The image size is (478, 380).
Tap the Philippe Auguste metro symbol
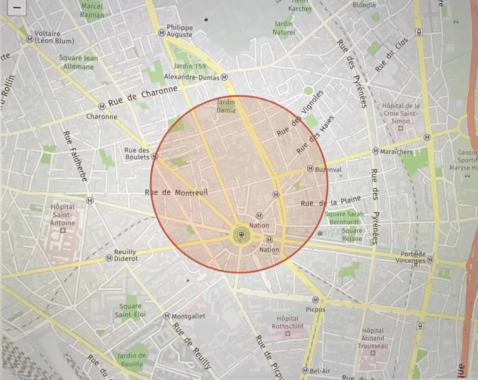pyautogui.click(x=162, y=32)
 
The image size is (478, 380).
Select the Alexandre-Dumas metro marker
pyautogui.click(x=225, y=77)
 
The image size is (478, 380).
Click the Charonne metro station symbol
pyautogui.click(x=102, y=106)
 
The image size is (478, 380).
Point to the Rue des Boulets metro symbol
pyautogui.click(x=155, y=156)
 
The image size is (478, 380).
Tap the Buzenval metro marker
pyautogui.click(x=310, y=168)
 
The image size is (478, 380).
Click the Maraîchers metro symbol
pyautogui.click(x=375, y=151)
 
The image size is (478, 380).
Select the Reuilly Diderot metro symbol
pyautogui.click(x=109, y=258)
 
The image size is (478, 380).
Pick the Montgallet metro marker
pyautogui.click(x=167, y=316)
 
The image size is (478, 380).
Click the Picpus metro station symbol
pyautogui.click(x=316, y=300)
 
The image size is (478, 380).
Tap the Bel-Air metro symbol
pyautogui.click(x=305, y=371)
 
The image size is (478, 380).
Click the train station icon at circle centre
pyautogui.click(x=241, y=234)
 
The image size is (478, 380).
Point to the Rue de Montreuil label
pyautogui.click(x=176, y=192)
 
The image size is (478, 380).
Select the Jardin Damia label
pyautogui.click(x=226, y=106)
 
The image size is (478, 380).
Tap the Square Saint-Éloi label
pyautogui.click(x=130, y=310)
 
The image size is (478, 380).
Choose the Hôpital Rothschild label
pyautogui.click(x=288, y=322)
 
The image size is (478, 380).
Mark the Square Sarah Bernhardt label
pyautogui.click(x=345, y=218)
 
